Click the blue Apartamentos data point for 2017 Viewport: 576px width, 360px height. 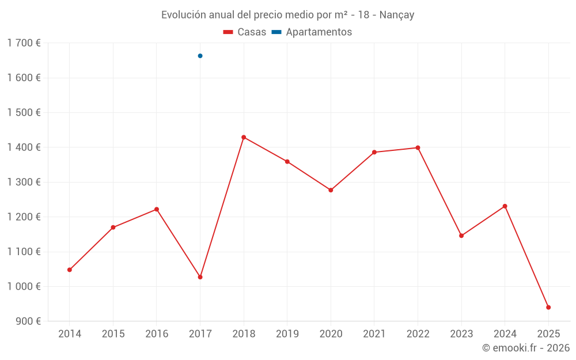(200, 56)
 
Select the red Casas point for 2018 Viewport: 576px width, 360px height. (244, 137)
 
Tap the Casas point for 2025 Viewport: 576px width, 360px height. (548, 308)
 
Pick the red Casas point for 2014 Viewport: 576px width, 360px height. (70, 270)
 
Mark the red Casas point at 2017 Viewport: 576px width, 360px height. (200, 277)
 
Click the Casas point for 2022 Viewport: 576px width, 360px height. (418, 148)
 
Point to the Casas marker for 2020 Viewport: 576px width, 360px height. (331, 190)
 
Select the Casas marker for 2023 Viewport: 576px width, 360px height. (461, 236)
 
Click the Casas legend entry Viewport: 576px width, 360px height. (245, 32)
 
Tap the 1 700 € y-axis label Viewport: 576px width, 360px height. (24, 43)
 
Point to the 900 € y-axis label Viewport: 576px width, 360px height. (28, 321)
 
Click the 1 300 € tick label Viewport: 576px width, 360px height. (24, 182)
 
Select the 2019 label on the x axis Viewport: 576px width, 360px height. (287, 334)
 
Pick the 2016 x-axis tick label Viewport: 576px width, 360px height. (157, 334)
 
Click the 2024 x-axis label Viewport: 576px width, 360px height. (505, 334)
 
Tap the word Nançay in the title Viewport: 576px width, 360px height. (397, 15)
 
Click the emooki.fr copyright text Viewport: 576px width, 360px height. (526, 348)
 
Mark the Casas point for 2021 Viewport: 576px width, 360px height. (374, 152)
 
